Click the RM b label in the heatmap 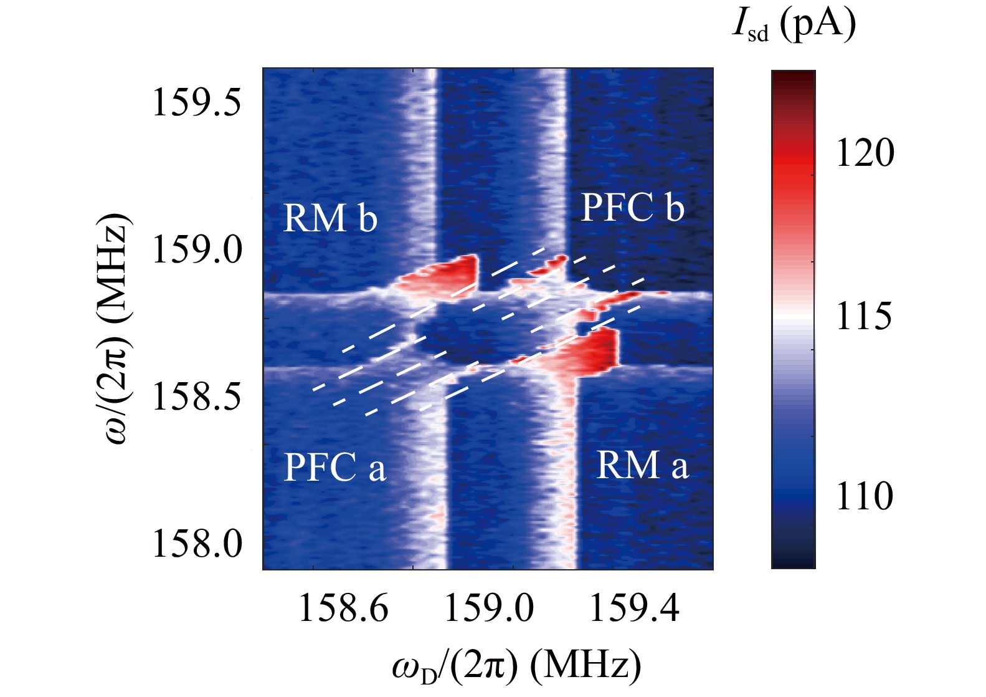click(x=330, y=218)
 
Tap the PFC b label click(x=632, y=208)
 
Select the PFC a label click(x=334, y=467)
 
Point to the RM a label click(x=642, y=466)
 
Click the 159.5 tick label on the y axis click(x=196, y=102)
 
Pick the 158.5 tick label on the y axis click(x=196, y=396)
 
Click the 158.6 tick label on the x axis click(x=343, y=608)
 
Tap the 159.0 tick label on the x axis click(x=489, y=608)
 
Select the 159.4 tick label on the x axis click(x=634, y=608)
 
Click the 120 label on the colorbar click(x=865, y=153)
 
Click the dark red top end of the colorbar click(x=793, y=77)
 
